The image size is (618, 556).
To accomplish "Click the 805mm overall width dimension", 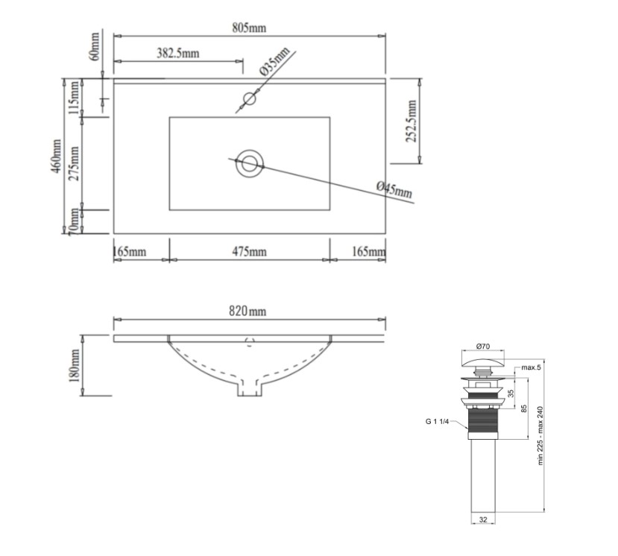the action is coord(249,28).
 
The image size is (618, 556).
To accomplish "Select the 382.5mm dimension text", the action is coord(178,53).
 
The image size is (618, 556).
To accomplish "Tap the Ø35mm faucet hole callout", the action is coord(275,61).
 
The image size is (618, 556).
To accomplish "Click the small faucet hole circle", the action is coord(250,98).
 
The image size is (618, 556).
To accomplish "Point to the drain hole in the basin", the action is coord(250,163).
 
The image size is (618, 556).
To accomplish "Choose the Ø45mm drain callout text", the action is coord(394,189).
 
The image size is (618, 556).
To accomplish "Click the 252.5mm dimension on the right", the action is coord(411,121).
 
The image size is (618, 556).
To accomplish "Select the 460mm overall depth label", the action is coord(56,156).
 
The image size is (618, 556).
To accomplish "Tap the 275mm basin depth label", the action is coord(74,163).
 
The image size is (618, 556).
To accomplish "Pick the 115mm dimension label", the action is coord(74,98).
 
